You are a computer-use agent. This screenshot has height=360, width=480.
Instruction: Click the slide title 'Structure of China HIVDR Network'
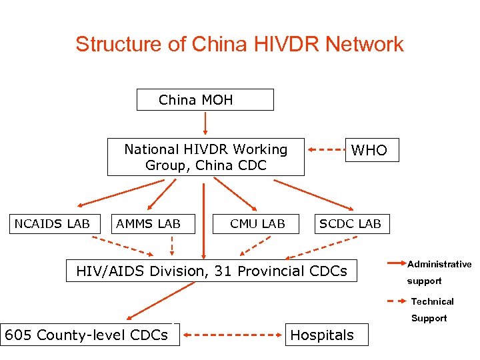(239, 44)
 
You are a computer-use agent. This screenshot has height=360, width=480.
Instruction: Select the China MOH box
(205, 100)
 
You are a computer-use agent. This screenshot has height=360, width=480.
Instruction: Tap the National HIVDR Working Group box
(205, 157)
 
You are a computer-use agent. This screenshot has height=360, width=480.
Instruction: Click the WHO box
(369, 150)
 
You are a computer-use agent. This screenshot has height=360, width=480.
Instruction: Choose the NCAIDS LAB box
(52, 223)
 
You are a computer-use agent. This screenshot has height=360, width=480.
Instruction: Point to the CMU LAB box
(257, 223)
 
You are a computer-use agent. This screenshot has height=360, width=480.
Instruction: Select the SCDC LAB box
(350, 223)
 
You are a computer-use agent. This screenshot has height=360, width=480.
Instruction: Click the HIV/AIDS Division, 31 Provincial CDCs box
(212, 271)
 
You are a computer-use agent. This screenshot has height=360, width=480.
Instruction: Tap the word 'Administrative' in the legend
(439, 265)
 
